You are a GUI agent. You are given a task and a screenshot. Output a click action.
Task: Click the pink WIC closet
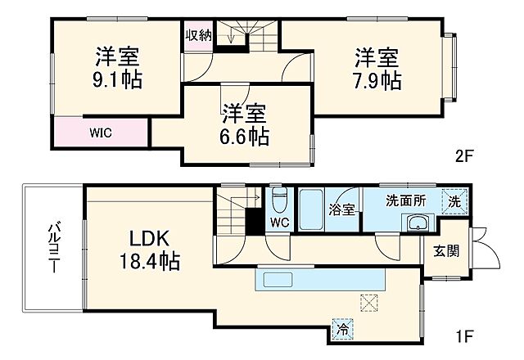101,130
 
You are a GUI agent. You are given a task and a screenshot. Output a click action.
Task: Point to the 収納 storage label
198,34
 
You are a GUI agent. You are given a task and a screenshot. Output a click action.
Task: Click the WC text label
279,223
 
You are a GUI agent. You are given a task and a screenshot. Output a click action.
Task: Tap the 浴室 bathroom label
341,209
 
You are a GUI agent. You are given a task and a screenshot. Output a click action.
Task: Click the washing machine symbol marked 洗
451,200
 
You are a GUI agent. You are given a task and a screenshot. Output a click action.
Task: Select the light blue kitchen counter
319,280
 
